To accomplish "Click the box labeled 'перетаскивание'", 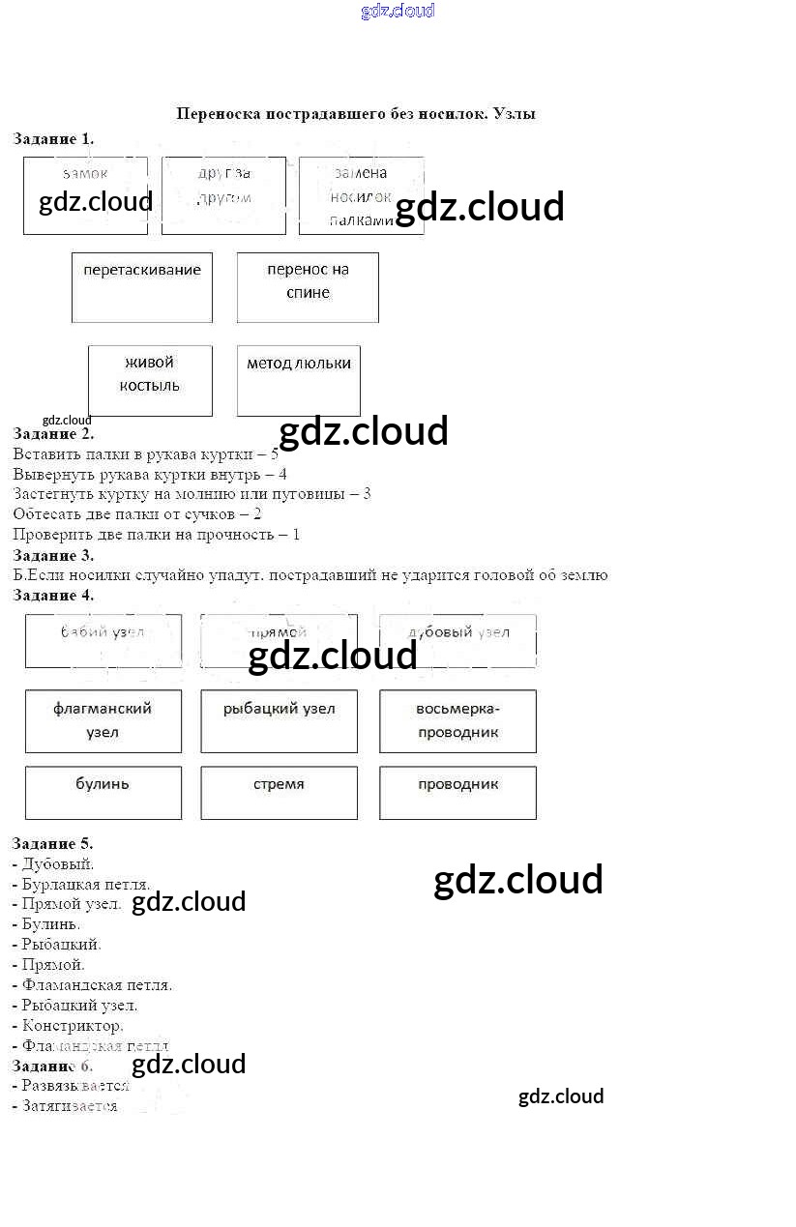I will pos(142,287).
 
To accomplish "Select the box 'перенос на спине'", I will pos(308,287).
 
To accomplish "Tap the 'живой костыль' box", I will pos(150,380).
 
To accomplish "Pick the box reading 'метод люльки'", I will pos(299,380).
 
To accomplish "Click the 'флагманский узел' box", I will pos(103,720).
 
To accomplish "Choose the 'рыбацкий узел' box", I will pos(279,720).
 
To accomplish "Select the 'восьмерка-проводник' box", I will pos(457,720).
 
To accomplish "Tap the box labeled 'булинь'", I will pos(103,792).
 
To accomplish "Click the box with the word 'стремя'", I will pos(279,792).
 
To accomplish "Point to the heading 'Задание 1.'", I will pos(53,139).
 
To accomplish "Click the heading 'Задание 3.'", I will pos(53,555).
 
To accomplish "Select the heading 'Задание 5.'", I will pos(53,843).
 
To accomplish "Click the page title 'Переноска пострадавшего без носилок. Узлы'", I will pos(356,114).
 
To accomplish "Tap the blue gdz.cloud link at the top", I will pos(398,11).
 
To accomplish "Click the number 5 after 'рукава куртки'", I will pos(275,453).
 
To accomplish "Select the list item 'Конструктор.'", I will pos(73,1025).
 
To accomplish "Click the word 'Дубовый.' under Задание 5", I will pos(58,863).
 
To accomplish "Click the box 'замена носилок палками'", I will pos(361,195).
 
